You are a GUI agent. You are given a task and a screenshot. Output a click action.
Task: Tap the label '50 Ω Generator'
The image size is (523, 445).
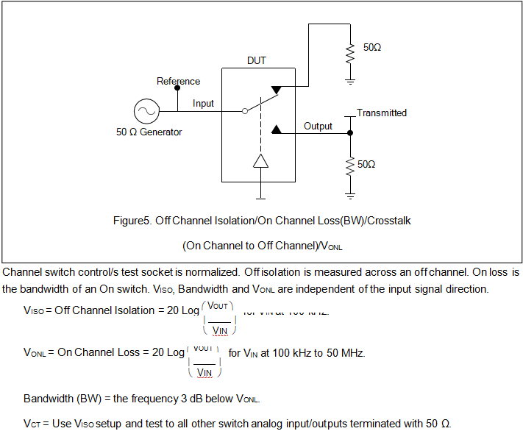click(x=149, y=132)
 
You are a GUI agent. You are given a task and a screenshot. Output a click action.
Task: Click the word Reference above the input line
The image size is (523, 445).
click(x=178, y=81)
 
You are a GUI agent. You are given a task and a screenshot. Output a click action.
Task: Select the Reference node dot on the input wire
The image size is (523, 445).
click(x=177, y=88)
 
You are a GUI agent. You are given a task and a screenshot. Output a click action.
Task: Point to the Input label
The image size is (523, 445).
click(x=203, y=104)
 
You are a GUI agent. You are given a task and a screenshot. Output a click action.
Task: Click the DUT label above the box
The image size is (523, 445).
click(x=257, y=61)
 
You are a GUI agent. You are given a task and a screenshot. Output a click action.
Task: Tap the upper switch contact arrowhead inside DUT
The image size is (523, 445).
click(x=276, y=90)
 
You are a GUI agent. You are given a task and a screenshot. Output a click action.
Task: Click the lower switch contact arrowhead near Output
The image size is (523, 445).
click(x=276, y=129)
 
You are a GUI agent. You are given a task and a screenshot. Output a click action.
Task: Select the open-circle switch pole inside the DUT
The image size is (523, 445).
click(x=245, y=112)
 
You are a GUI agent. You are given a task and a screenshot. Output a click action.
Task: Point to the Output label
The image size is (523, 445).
click(x=318, y=127)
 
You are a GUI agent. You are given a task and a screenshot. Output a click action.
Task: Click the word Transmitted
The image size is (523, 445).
click(x=382, y=113)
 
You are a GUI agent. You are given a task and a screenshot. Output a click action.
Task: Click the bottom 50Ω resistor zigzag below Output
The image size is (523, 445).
click(x=350, y=165)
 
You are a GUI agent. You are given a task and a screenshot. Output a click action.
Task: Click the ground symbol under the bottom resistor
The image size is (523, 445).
click(x=350, y=195)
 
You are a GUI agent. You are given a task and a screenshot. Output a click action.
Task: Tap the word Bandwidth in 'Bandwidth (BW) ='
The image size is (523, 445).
click(x=48, y=399)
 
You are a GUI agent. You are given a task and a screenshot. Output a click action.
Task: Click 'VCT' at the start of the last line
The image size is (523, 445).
click(x=32, y=424)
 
